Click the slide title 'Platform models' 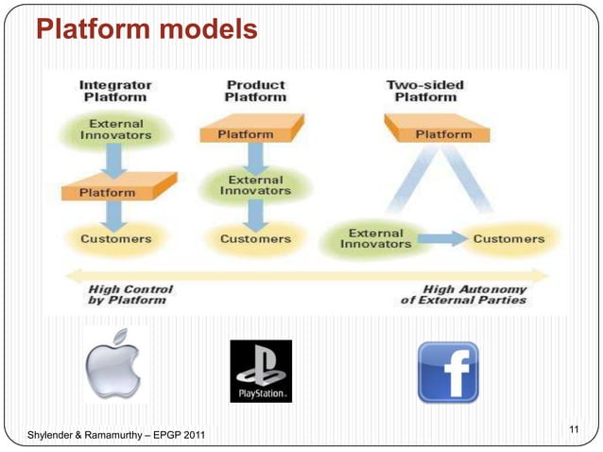pos(146,30)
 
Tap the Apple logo pos(113,365)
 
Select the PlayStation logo pos(261,371)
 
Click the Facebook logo pos(448,371)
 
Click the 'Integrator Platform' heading pos(115,91)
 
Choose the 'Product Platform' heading pos(255,91)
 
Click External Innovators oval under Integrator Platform pos(115,130)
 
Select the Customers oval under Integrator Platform pos(115,239)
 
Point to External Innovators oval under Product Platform pos(253,184)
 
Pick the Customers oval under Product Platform pos(255,239)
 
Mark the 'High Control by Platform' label pos(128,294)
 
